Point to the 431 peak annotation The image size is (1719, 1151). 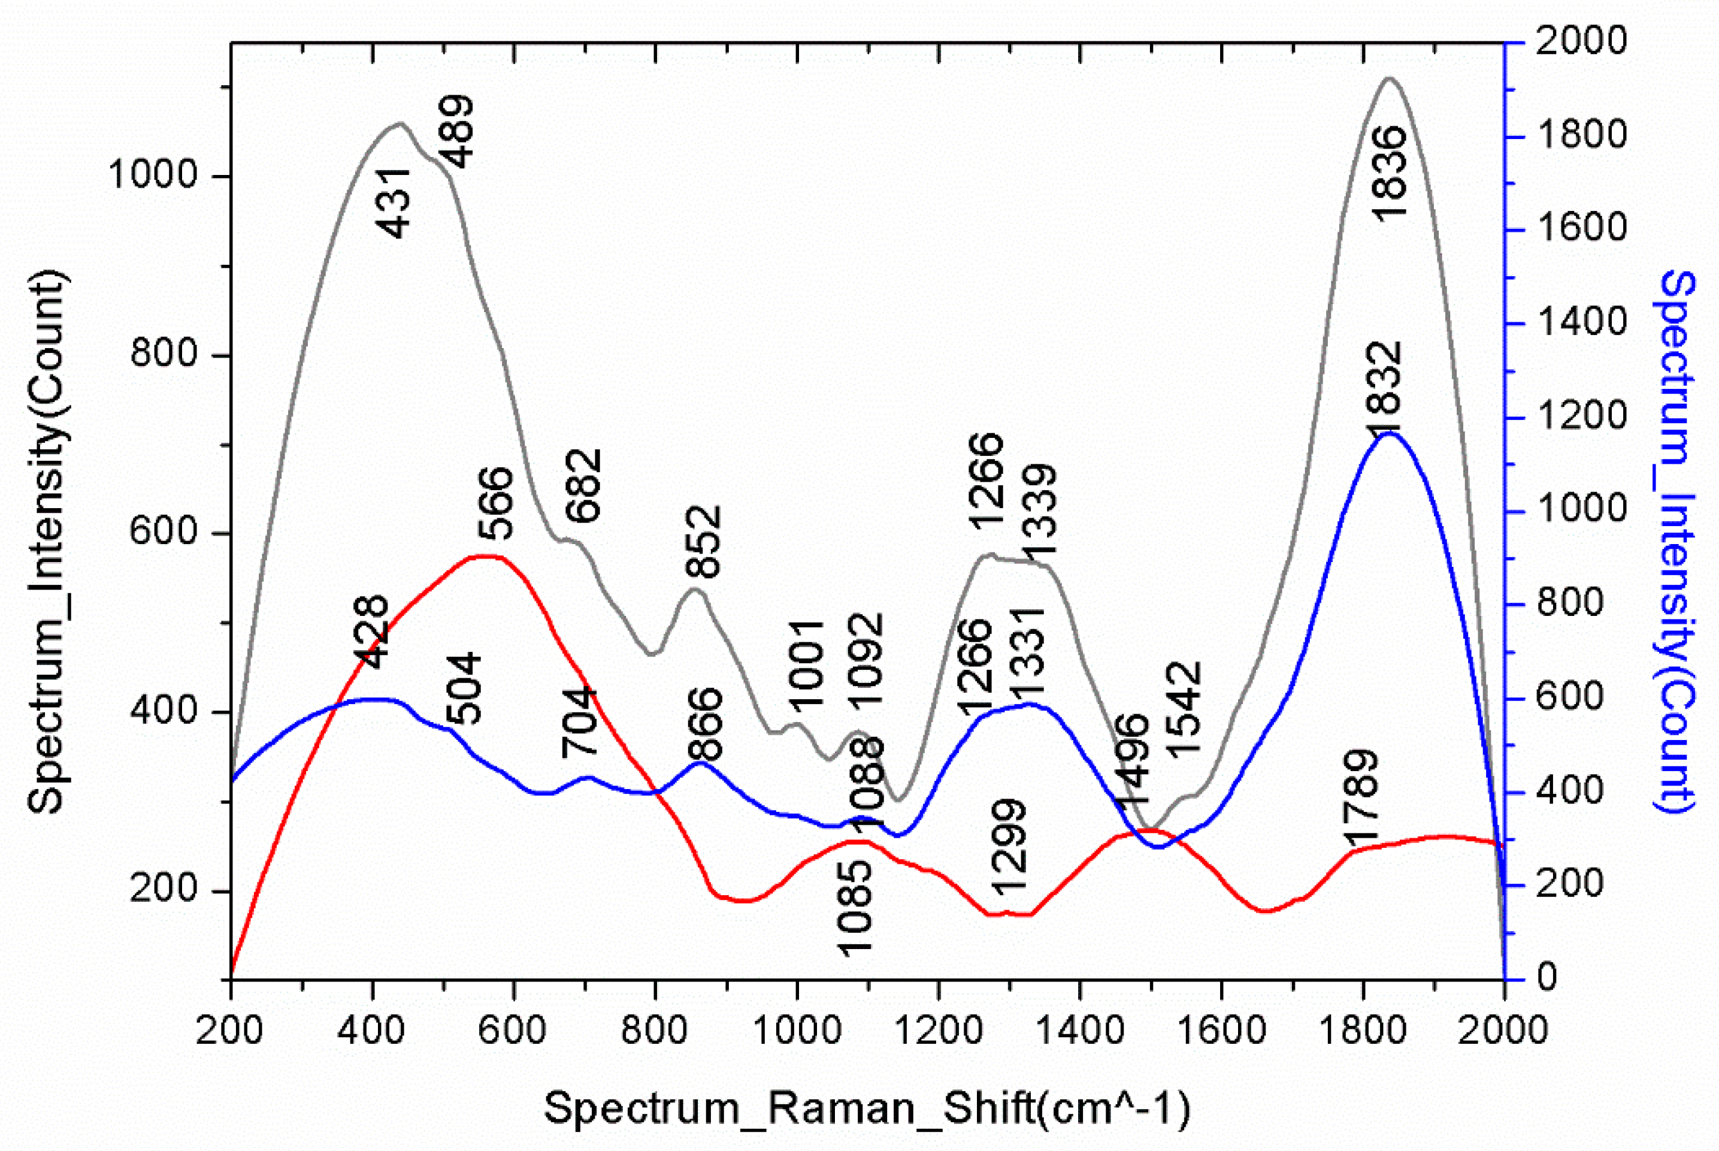395,203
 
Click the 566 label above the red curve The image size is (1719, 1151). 495,503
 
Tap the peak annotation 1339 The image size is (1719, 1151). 1039,510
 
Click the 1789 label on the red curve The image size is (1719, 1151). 1361,798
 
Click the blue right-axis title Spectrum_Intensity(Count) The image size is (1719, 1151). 1678,542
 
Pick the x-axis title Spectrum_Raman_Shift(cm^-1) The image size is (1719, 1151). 867,1107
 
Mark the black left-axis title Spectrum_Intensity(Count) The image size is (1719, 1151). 49,542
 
